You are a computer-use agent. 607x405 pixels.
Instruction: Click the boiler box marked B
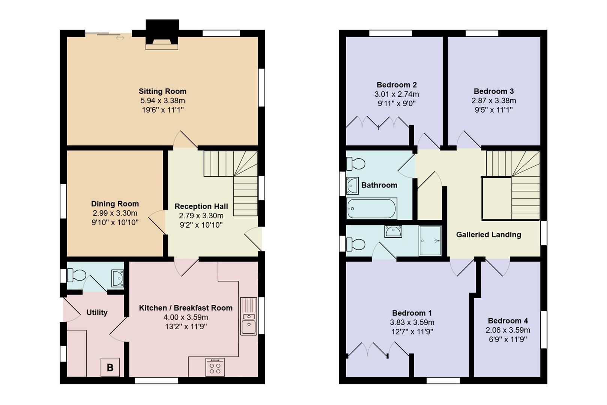tap(110, 367)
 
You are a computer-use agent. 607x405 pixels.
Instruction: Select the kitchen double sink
tap(248, 316)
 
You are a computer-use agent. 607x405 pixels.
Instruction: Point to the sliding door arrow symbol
tap(120, 38)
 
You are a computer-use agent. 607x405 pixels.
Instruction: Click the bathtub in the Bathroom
tap(371, 208)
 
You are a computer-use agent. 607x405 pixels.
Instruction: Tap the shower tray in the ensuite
tap(430, 240)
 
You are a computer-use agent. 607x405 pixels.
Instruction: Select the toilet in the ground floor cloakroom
tap(77, 275)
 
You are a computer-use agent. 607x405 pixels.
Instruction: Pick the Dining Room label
tap(115, 204)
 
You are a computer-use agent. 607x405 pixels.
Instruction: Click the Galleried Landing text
tap(488, 234)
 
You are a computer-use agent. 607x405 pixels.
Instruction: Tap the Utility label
tap(97, 312)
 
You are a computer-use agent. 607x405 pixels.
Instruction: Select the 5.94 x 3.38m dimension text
tap(162, 100)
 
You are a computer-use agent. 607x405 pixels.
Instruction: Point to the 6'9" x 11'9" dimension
tap(508, 339)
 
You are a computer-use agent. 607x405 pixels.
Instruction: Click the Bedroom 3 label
tap(493, 91)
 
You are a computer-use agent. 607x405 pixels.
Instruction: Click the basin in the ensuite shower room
tap(393, 231)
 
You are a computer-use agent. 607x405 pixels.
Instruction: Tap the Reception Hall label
tap(201, 206)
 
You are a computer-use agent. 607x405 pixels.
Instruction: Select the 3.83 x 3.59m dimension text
tap(412, 322)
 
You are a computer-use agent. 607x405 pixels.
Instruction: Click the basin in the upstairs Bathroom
tap(352, 186)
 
